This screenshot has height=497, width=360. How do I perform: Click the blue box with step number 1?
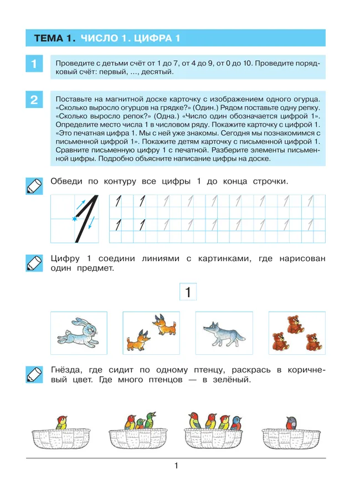pos(34,64)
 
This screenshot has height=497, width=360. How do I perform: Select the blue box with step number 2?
pos(34,100)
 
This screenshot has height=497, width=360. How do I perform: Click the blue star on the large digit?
pos(74,220)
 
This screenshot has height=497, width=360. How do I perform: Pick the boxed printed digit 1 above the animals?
pos(188,292)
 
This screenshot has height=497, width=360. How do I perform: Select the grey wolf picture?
pos(223,334)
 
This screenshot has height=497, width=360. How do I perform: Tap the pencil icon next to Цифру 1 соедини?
pos(34,262)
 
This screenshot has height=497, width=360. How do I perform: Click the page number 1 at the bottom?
pos(176,466)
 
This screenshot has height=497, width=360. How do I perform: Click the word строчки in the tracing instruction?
pos(264,181)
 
